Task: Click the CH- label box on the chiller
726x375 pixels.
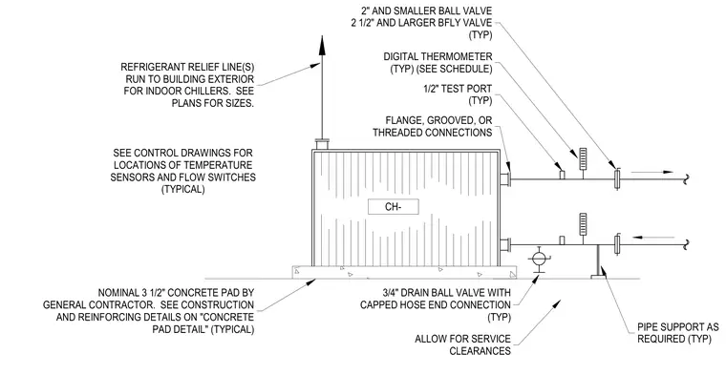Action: [x=394, y=207]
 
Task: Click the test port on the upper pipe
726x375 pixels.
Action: [x=562, y=175]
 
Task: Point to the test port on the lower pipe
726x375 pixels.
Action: [x=562, y=240]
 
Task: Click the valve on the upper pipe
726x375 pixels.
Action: [x=617, y=179]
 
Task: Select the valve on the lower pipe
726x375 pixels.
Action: [x=617, y=244]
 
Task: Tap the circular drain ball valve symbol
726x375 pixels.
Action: [x=538, y=259]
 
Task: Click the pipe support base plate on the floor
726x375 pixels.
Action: [x=599, y=277]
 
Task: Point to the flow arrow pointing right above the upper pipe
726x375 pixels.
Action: [x=651, y=172]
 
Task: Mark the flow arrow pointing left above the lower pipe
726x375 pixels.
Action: [x=653, y=238]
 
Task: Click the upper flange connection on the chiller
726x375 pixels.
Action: [x=506, y=178]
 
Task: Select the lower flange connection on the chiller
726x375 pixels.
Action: [x=506, y=243]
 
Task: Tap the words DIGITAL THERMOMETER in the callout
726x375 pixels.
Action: [x=438, y=56]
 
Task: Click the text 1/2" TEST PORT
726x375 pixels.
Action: [x=458, y=89]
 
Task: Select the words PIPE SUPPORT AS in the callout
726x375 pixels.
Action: [x=678, y=327]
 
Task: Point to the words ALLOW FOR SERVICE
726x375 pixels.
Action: [x=462, y=339]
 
